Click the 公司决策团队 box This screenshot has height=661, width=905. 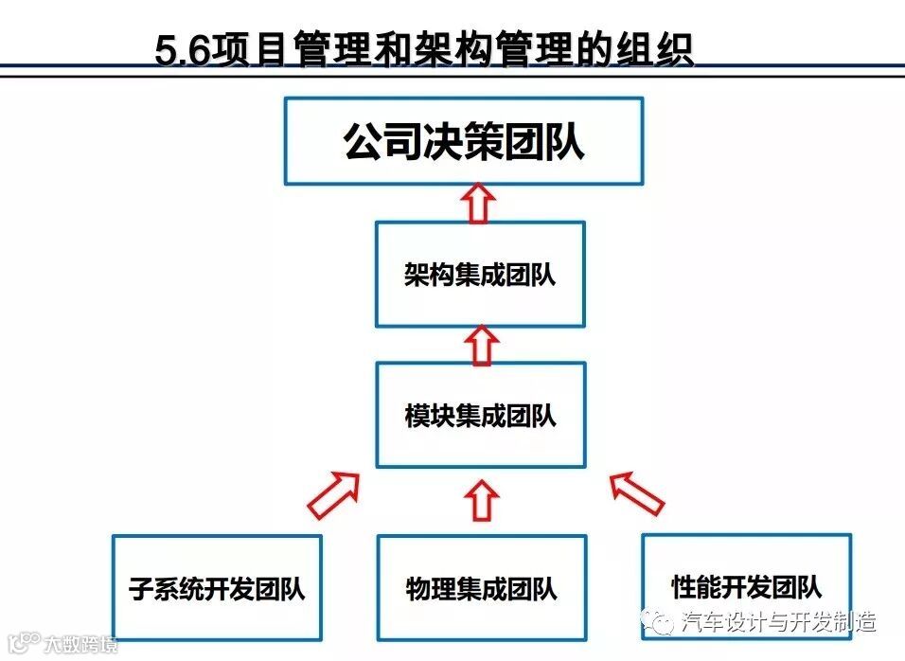click(x=464, y=141)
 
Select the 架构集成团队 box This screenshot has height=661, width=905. click(x=480, y=275)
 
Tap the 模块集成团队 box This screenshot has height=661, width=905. click(x=480, y=415)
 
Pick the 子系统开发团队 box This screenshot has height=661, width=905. click(x=217, y=588)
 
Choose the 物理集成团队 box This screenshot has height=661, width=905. click(x=481, y=588)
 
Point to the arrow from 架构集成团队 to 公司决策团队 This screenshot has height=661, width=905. click(x=480, y=203)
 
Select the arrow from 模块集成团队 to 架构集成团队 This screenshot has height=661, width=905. click(x=482, y=345)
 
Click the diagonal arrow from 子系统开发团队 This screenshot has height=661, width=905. click(x=334, y=493)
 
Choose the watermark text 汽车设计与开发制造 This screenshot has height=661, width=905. click(x=778, y=622)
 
